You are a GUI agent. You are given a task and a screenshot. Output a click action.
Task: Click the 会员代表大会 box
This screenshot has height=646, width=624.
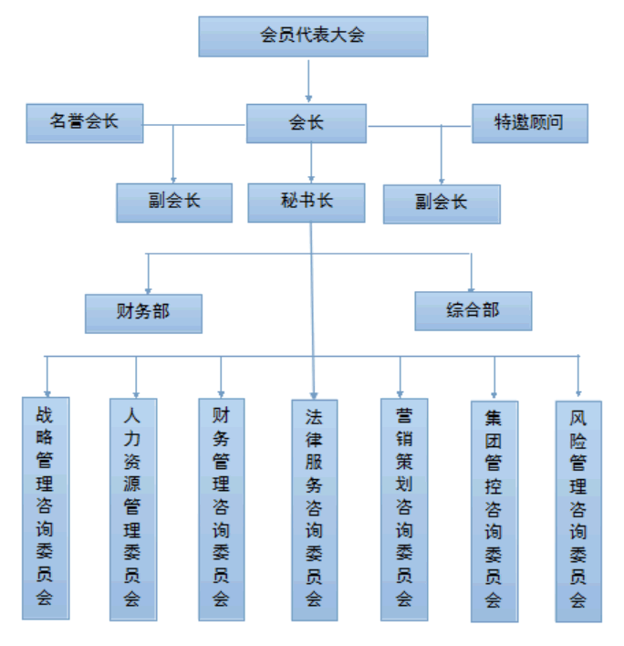pos(312,36)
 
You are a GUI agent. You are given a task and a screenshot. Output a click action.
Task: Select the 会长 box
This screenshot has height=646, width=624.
pos(307,123)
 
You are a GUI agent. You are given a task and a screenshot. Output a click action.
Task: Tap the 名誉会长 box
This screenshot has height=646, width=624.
pos(84,122)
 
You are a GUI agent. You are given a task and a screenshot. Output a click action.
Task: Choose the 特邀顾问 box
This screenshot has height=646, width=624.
pos(529,123)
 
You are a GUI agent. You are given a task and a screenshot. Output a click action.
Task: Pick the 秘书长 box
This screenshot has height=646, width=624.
pos(307,203)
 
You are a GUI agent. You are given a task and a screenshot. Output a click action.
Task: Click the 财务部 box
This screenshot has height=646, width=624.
pos(143,312)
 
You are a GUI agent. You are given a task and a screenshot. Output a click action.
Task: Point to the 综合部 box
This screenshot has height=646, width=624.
pos(473,310)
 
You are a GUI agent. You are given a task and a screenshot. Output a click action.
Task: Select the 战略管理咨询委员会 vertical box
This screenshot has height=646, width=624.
pos(45,506)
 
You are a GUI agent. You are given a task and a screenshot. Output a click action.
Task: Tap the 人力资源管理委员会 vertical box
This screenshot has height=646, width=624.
pos(133,508)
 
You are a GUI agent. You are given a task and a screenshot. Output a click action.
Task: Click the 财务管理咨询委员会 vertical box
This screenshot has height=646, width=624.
pos(221,506)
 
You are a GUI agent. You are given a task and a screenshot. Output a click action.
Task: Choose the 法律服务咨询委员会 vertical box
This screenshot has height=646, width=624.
pos(314,508)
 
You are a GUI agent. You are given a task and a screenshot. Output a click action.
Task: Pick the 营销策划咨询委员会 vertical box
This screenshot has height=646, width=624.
pos(403,507)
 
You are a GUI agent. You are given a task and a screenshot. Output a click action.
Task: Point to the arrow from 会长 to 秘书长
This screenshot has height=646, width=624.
pos(311,163)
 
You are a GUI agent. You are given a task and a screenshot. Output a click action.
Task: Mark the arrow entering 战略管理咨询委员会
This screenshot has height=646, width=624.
pos(47,375)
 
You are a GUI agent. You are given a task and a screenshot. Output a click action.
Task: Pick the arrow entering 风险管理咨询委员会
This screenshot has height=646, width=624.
pos(577,376)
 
